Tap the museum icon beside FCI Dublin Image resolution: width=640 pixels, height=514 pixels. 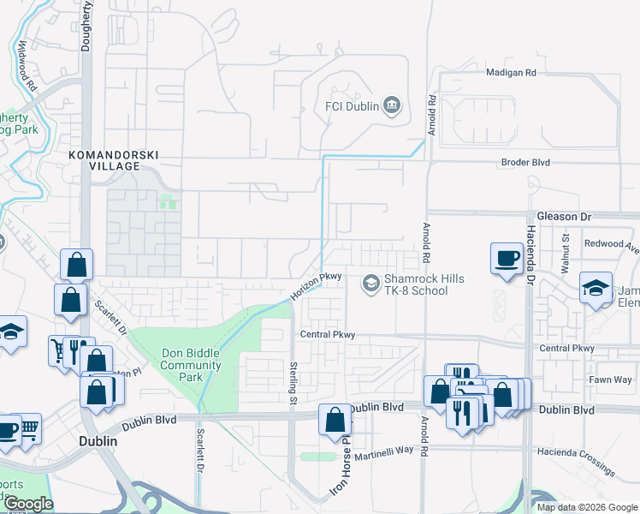tap(393, 105)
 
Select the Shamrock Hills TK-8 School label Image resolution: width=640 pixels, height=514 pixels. tap(416, 284)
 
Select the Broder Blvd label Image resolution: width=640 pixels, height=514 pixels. tap(525, 162)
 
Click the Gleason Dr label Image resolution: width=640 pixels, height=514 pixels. tap(564, 218)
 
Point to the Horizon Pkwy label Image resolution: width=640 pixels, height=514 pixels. tap(316, 286)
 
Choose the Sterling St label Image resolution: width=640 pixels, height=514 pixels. tap(292, 382)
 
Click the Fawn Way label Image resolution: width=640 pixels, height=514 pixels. tap(610, 380)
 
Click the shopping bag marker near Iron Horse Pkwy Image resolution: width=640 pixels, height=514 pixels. tap(335, 421)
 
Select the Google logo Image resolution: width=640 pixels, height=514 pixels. tap(27, 504)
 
